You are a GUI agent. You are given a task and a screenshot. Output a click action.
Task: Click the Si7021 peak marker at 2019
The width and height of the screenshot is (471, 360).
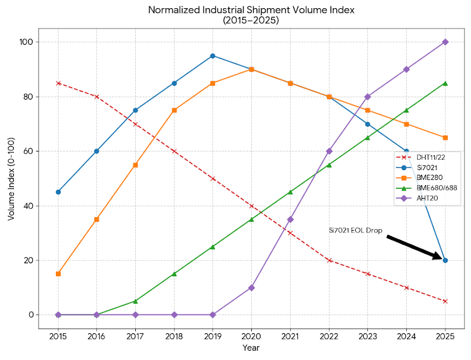(213, 56)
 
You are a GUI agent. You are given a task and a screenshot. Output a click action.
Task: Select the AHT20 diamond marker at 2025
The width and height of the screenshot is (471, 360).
(445, 42)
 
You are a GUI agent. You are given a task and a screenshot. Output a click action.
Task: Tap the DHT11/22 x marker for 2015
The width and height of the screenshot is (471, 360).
(58, 83)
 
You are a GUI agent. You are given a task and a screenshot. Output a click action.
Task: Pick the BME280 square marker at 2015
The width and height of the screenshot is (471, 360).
(58, 274)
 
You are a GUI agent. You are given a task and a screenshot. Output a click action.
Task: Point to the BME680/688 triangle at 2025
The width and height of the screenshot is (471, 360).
(445, 83)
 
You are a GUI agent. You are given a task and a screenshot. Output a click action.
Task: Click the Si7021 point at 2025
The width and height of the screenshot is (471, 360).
(445, 260)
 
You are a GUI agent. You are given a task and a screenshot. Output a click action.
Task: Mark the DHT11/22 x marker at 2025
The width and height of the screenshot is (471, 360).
(445, 301)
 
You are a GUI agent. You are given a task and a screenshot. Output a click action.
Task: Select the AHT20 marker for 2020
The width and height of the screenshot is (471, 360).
(251, 288)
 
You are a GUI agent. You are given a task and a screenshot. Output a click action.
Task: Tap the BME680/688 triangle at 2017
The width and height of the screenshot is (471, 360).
(135, 301)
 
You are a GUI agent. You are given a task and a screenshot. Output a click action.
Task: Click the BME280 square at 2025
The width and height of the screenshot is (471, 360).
(445, 137)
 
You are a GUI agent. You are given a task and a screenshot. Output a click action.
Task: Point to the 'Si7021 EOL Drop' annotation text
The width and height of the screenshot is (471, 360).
(355, 231)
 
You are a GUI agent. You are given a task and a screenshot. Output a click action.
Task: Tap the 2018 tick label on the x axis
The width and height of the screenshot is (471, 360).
(174, 336)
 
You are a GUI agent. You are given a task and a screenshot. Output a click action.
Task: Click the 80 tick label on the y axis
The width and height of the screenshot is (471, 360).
(28, 97)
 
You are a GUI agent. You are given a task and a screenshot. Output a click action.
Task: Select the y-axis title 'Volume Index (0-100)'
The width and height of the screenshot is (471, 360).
(11, 179)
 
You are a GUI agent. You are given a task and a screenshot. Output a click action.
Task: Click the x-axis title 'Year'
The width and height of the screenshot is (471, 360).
(251, 348)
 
